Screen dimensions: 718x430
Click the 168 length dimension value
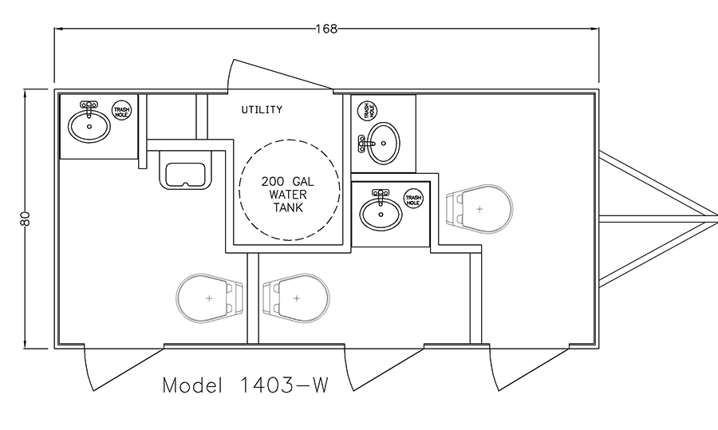pos(326,29)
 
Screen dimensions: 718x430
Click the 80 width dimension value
pos(26,219)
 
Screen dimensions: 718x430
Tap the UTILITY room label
pos(262,110)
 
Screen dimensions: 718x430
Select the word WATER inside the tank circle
pos(288,195)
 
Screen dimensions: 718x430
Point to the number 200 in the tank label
pos(273,182)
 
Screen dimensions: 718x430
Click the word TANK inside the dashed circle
pos(289,208)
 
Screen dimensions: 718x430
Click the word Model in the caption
pos(192,385)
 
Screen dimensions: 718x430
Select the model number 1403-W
pos(283,385)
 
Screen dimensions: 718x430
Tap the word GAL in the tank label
pos(303,182)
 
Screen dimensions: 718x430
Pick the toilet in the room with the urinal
pos(209,298)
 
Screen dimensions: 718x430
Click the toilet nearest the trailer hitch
pos(479,209)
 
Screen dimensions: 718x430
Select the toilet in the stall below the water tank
pos(296,298)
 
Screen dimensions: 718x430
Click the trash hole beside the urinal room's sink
pos(122,110)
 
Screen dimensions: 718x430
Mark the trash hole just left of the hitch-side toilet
pos(413,199)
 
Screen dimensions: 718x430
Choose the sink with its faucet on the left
pos(379,144)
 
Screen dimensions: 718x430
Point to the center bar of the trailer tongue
pos(658,219)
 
